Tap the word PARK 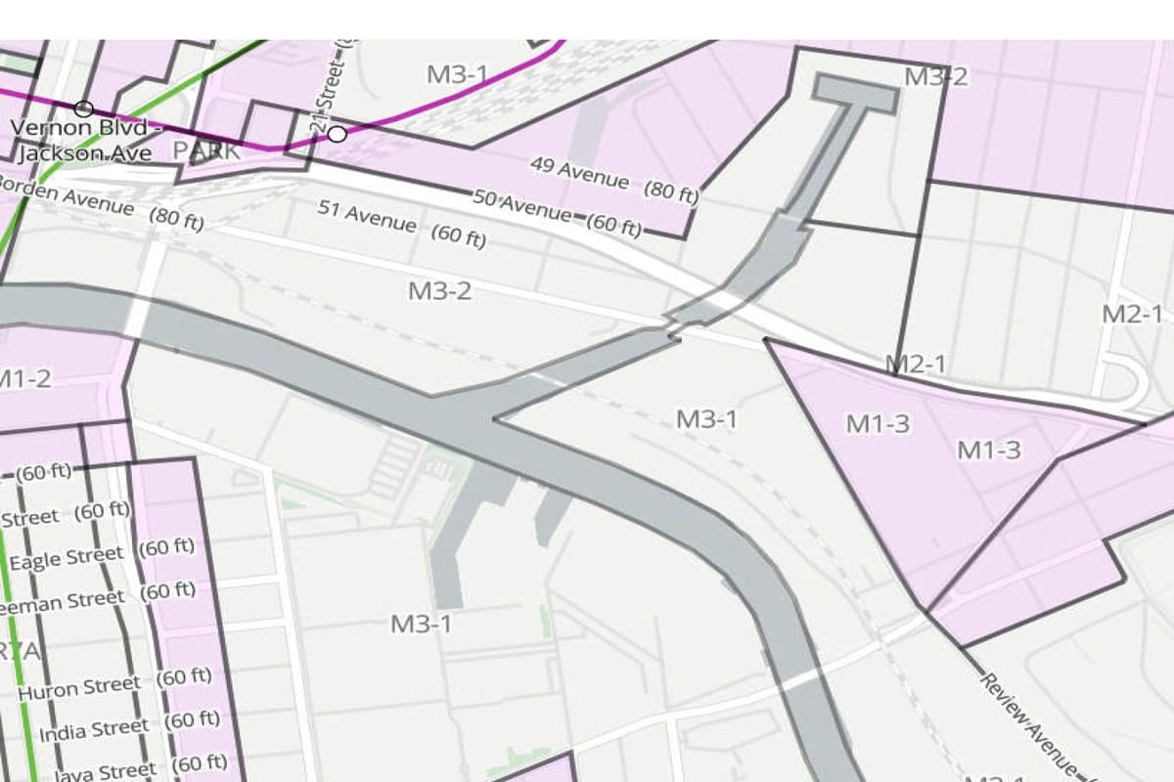pos(205,152)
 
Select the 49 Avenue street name pos(579,173)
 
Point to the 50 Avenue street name pos(522,205)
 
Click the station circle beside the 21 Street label pos(337,134)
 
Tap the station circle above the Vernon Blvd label pos(84,109)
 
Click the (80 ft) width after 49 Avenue pos(670,192)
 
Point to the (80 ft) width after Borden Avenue pos(176,219)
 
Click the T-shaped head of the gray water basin pos(855,92)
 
